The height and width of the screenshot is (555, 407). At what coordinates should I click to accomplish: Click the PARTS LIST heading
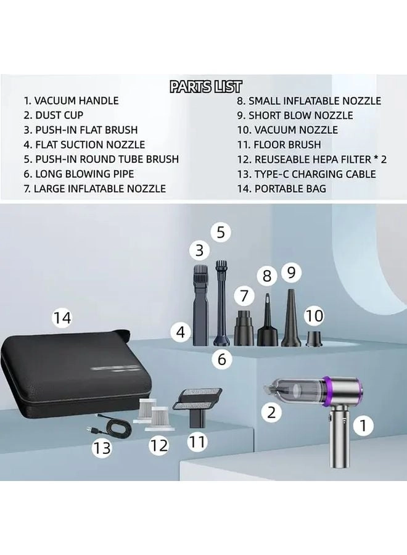click(206, 86)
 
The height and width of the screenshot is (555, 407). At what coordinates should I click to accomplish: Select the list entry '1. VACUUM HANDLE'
click(71, 101)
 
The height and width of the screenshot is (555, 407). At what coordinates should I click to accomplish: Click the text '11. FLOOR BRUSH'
click(279, 145)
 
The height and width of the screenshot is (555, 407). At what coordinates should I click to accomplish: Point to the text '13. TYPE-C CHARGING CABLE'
click(306, 174)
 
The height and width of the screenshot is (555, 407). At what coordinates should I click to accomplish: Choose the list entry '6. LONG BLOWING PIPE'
click(79, 174)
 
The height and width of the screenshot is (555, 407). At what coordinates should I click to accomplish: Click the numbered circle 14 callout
click(62, 318)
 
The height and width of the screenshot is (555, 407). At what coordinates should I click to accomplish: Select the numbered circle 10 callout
click(314, 316)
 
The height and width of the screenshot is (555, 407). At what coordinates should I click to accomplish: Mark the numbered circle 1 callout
click(363, 424)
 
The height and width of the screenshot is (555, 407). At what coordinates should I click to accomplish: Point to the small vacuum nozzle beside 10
click(314, 337)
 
